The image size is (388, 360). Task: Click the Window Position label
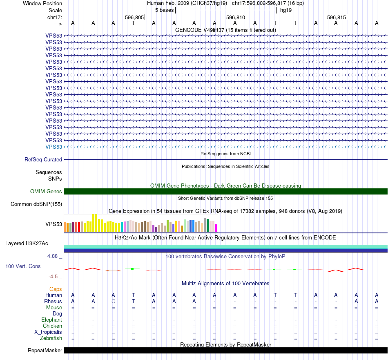coord(42,3)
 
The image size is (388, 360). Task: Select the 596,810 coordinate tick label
coord(236,18)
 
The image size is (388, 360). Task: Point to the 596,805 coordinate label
coord(134,18)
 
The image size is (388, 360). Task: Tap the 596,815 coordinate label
coord(337,18)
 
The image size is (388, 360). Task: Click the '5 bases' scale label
coord(164,10)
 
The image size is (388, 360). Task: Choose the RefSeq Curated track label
coord(43,160)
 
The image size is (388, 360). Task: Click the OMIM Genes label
coord(46,191)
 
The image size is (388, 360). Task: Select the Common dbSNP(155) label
coord(36,204)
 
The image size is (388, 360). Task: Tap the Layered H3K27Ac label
coord(27,244)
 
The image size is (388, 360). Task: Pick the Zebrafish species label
coord(51,338)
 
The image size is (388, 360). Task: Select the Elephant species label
coord(51,320)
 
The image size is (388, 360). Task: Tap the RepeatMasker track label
coord(45,351)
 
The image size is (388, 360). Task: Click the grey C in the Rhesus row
coord(113,301)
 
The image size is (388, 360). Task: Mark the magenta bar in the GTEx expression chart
coord(216,228)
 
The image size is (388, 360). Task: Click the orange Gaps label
coord(56,289)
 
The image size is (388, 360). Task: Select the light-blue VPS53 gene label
coord(54,147)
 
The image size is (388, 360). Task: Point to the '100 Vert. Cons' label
coord(22,266)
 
